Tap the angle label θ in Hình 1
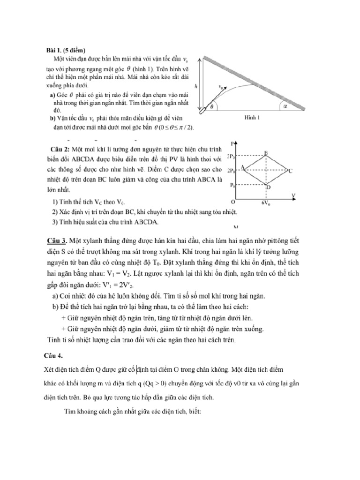[210, 106]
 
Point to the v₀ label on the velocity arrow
[221, 86]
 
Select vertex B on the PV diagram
[266, 152]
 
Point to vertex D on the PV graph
[268, 187]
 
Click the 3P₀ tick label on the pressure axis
[231, 155]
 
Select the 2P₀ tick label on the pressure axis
[231, 171]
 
